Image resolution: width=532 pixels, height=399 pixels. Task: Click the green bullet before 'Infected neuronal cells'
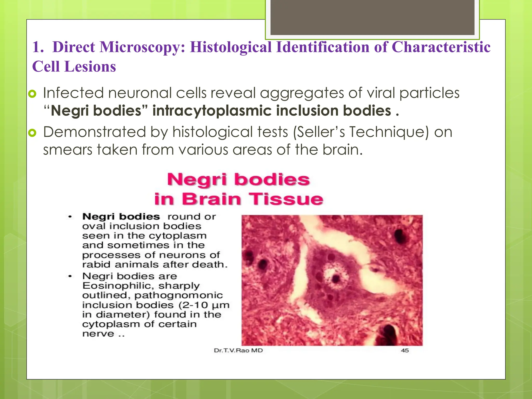tap(32, 94)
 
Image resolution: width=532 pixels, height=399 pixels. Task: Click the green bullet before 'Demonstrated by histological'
tap(32, 133)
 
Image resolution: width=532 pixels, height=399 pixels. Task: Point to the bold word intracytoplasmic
tap(212, 111)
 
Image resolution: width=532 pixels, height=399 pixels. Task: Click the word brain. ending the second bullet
tap(342, 150)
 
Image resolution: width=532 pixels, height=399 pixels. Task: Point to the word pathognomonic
tap(178, 295)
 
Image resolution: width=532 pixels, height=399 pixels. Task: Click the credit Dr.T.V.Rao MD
tap(238, 350)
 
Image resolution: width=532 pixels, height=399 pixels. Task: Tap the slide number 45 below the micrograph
tap(405, 350)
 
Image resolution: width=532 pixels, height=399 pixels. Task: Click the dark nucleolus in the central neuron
tap(336, 279)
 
